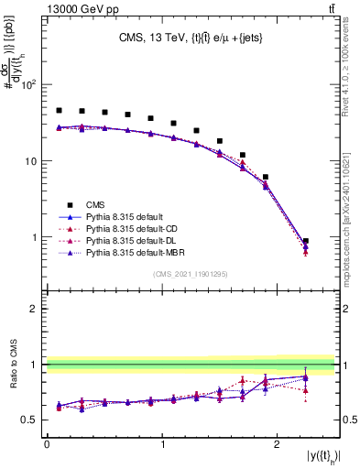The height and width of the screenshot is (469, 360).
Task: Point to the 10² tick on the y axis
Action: click(x=30, y=85)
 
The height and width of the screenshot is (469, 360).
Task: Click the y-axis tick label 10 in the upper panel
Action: click(x=32, y=161)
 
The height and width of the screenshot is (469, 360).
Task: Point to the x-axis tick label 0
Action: click(x=47, y=444)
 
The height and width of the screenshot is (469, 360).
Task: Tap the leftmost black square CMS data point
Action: click(x=59, y=111)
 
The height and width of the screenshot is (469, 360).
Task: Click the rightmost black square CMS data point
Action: click(x=306, y=241)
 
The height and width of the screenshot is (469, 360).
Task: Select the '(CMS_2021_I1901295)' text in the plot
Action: click(x=190, y=274)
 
